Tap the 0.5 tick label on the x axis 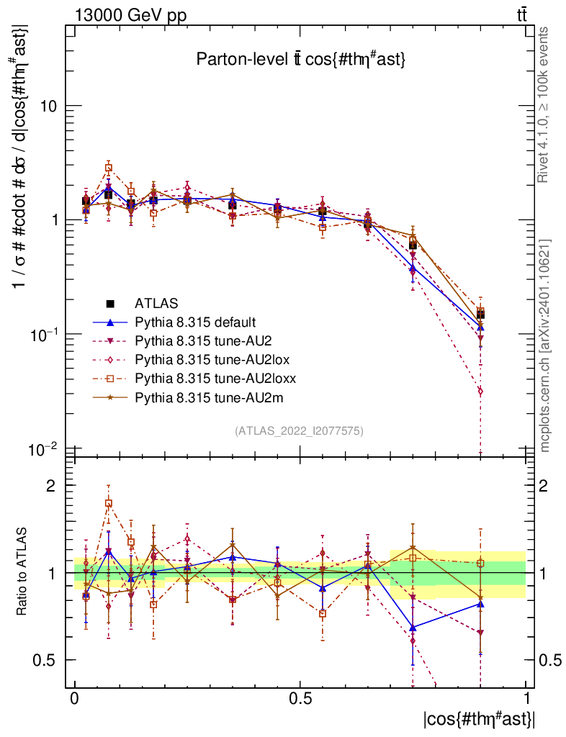pos(300,699)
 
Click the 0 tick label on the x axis pos(75,699)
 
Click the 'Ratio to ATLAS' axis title pos(22,571)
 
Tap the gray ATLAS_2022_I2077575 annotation pos(299,431)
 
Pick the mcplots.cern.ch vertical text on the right pos(546,345)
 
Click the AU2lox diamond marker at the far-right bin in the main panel pos(480,392)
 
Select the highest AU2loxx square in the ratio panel pos(109,504)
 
